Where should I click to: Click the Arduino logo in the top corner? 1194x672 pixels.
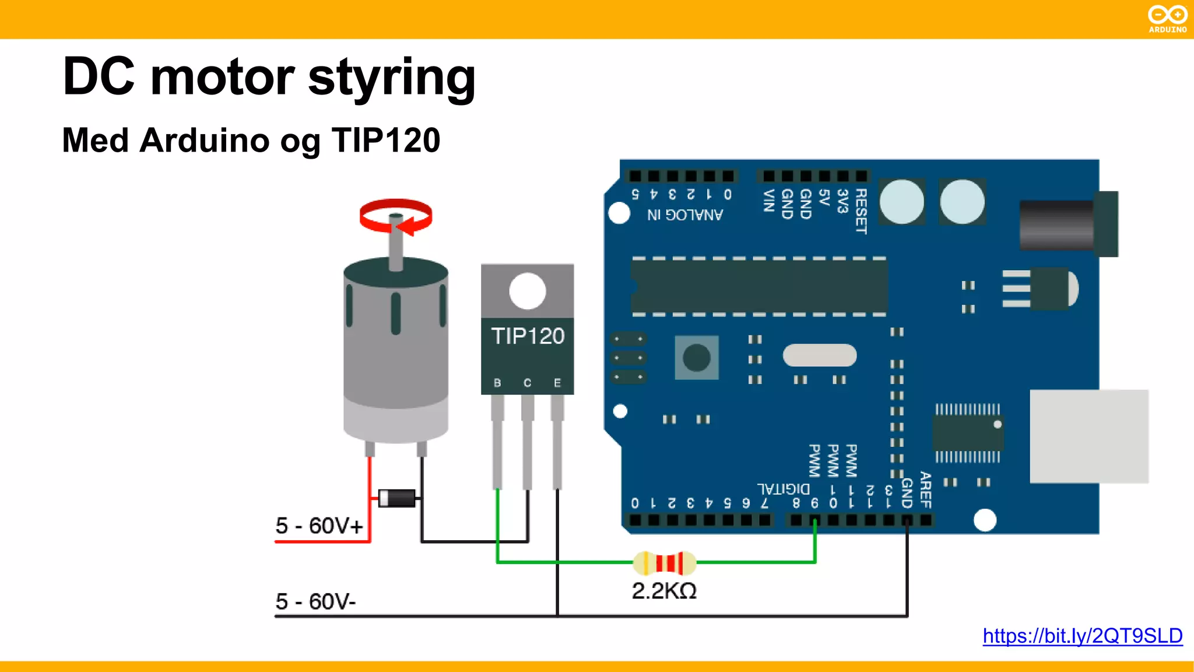(x=1167, y=19)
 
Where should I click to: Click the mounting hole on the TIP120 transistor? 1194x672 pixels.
(x=527, y=290)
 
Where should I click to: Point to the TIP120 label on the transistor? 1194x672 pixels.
(x=528, y=336)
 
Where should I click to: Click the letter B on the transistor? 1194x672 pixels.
(x=497, y=383)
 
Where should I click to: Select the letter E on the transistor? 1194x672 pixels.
(x=557, y=383)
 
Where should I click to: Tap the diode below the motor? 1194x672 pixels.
(x=397, y=498)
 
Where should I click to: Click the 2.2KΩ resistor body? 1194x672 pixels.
(x=665, y=563)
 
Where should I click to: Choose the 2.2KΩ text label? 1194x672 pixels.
(x=664, y=591)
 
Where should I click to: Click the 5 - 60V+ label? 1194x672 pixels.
(x=319, y=526)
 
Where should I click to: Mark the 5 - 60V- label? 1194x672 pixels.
(x=315, y=601)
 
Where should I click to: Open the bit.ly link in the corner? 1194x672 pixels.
(x=1082, y=635)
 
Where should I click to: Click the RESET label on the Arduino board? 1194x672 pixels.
(x=861, y=211)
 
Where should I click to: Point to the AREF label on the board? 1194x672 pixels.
(x=926, y=490)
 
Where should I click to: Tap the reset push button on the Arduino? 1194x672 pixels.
(x=697, y=358)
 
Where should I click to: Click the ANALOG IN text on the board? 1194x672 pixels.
(x=685, y=215)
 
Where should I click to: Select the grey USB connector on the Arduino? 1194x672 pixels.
(x=1088, y=436)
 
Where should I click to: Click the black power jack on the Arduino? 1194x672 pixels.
(x=1067, y=225)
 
